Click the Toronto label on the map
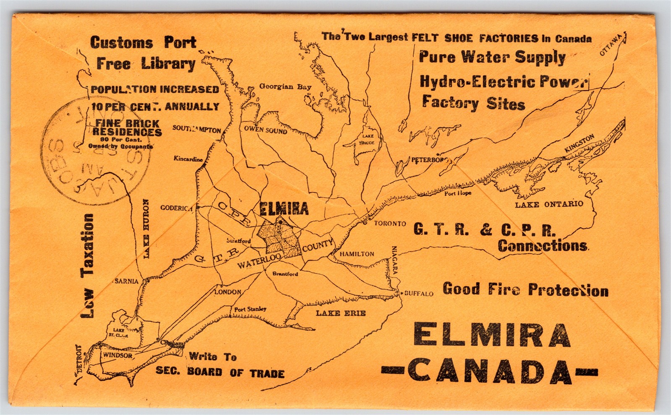[390, 223]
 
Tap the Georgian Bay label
[285, 87]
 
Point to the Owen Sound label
[265, 130]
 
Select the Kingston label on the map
[580, 143]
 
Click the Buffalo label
[418, 293]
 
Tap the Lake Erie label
[341, 313]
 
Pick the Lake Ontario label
[549, 204]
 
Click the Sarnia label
[126, 281]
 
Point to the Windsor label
[117, 355]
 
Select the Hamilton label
[357, 254]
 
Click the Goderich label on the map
[176, 207]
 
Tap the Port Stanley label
[250, 309]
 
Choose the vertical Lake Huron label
[146, 229]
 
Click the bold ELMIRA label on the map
[284, 208]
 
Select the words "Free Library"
[146, 64]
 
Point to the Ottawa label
[610, 45]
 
